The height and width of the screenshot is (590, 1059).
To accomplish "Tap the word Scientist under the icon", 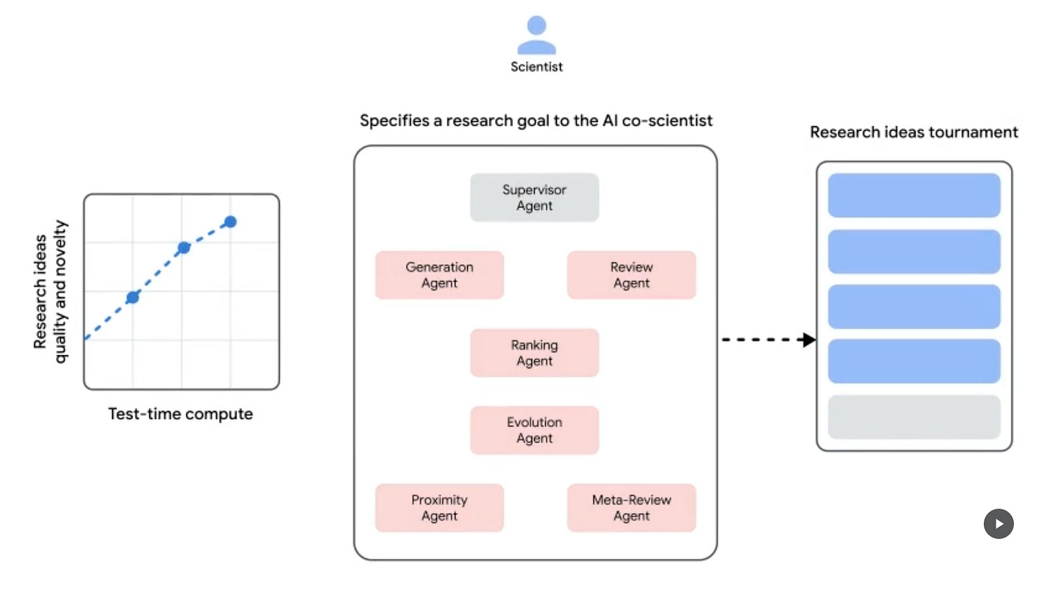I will coord(537,67).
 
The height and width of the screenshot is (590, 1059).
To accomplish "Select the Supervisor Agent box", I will coord(535,197).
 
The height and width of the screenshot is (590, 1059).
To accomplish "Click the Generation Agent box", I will coord(439,275).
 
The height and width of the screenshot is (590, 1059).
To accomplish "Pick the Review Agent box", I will coord(631,275).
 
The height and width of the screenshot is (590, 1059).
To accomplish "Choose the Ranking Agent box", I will coord(535,353).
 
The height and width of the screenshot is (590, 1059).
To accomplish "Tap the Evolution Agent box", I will coord(535,430).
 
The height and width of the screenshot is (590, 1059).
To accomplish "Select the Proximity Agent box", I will coord(439,508).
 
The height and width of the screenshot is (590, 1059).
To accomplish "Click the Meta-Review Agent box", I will coord(631,508).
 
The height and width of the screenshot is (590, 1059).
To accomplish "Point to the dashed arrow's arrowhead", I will coord(808,340).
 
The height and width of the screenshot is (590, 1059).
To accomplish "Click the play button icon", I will coord(999,524).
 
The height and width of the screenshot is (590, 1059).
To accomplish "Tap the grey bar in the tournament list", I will coord(914,417).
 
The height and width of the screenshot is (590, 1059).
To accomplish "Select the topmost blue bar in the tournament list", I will coord(914,195).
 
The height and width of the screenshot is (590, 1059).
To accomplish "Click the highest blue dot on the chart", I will coord(230,222).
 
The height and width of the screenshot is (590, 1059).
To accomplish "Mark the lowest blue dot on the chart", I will coord(132,297).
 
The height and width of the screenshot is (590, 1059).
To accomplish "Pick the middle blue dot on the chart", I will coord(184,247).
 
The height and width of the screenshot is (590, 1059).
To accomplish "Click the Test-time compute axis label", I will coord(180,415).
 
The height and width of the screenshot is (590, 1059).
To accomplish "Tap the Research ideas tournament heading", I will coord(914,132).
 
